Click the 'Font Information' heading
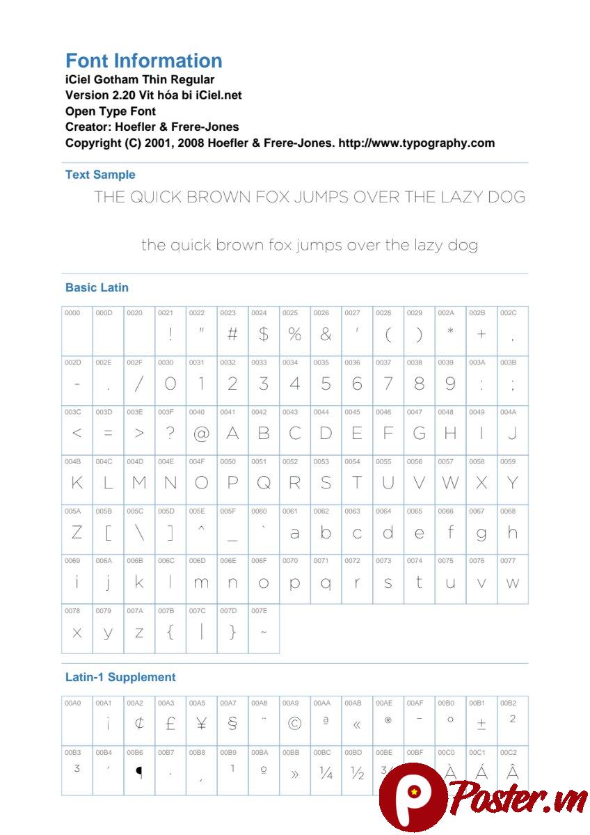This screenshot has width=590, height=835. (x=144, y=61)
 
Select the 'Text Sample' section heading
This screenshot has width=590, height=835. (x=100, y=175)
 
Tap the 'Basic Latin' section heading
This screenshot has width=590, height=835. (x=97, y=287)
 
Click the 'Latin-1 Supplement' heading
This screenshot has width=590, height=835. (x=120, y=677)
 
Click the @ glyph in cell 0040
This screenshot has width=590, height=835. (x=201, y=434)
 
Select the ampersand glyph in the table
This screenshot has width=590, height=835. (x=326, y=334)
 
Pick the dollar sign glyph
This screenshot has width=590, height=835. (x=264, y=334)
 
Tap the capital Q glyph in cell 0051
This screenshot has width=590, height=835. (x=264, y=483)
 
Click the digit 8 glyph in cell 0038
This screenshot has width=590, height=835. (x=419, y=383)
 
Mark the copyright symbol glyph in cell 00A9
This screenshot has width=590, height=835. (x=294, y=724)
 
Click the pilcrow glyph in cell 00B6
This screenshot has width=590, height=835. (x=139, y=772)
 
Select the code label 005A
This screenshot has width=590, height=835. (x=72, y=511)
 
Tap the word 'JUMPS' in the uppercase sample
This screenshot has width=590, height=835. (x=321, y=197)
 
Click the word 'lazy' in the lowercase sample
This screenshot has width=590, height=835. (x=432, y=245)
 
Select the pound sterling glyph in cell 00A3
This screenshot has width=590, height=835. (x=170, y=724)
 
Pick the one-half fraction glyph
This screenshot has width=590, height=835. (x=358, y=773)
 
